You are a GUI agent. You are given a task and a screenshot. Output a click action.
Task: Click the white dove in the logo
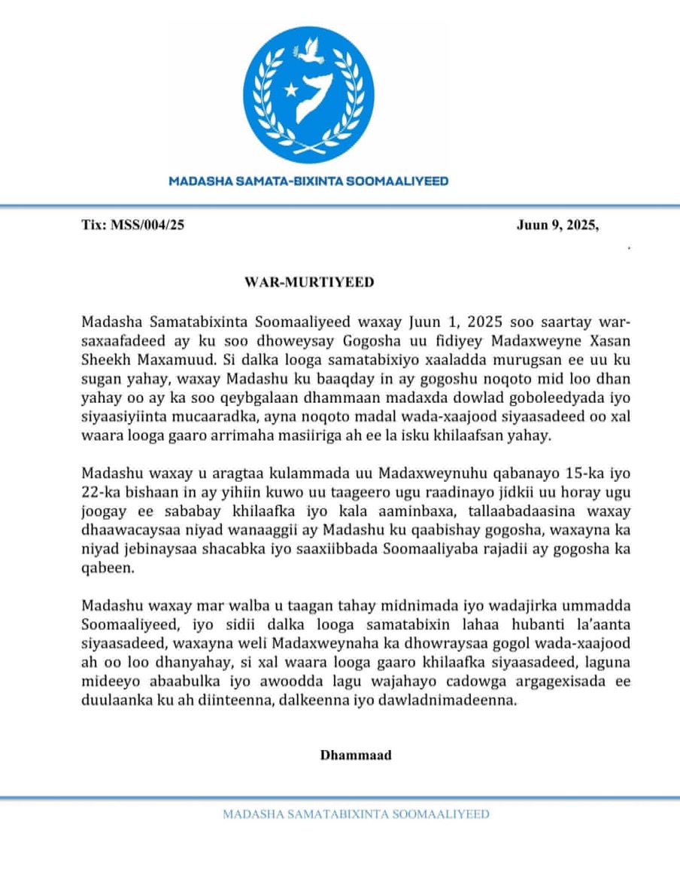[x=309, y=52]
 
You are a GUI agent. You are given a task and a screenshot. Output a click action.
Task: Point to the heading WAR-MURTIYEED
[x=308, y=282]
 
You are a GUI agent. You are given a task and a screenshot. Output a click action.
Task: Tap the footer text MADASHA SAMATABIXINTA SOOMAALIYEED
[x=356, y=814]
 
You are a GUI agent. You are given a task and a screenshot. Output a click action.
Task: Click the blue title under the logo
[x=308, y=181]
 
